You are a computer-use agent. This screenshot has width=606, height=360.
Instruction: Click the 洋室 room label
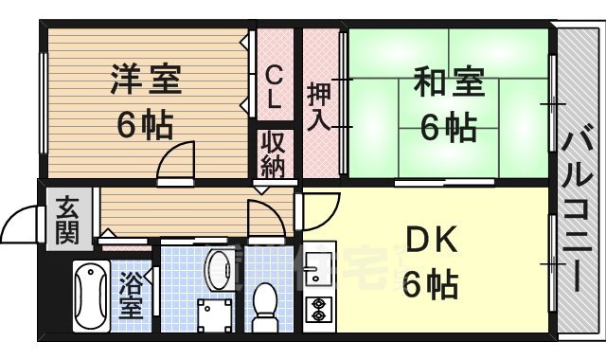pyautogui.click(x=145, y=80)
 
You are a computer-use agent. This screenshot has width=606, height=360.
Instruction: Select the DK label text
pyautogui.click(x=432, y=241)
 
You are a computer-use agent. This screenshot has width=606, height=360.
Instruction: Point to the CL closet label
pyautogui.click(x=273, y=85)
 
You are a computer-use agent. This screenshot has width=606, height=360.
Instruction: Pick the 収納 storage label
pyautogui.click(x=273, y=155)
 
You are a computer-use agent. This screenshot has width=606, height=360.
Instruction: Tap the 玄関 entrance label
pyautogui.click(x=66, y=220)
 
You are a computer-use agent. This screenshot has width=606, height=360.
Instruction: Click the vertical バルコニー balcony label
pyautogui.click(x=578, y=207)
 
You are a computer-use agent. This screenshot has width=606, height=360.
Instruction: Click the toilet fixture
pyautogui.click(x=264, y=304)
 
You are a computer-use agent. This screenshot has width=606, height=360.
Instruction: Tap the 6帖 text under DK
pyautogui.click(x=431, y=283)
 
